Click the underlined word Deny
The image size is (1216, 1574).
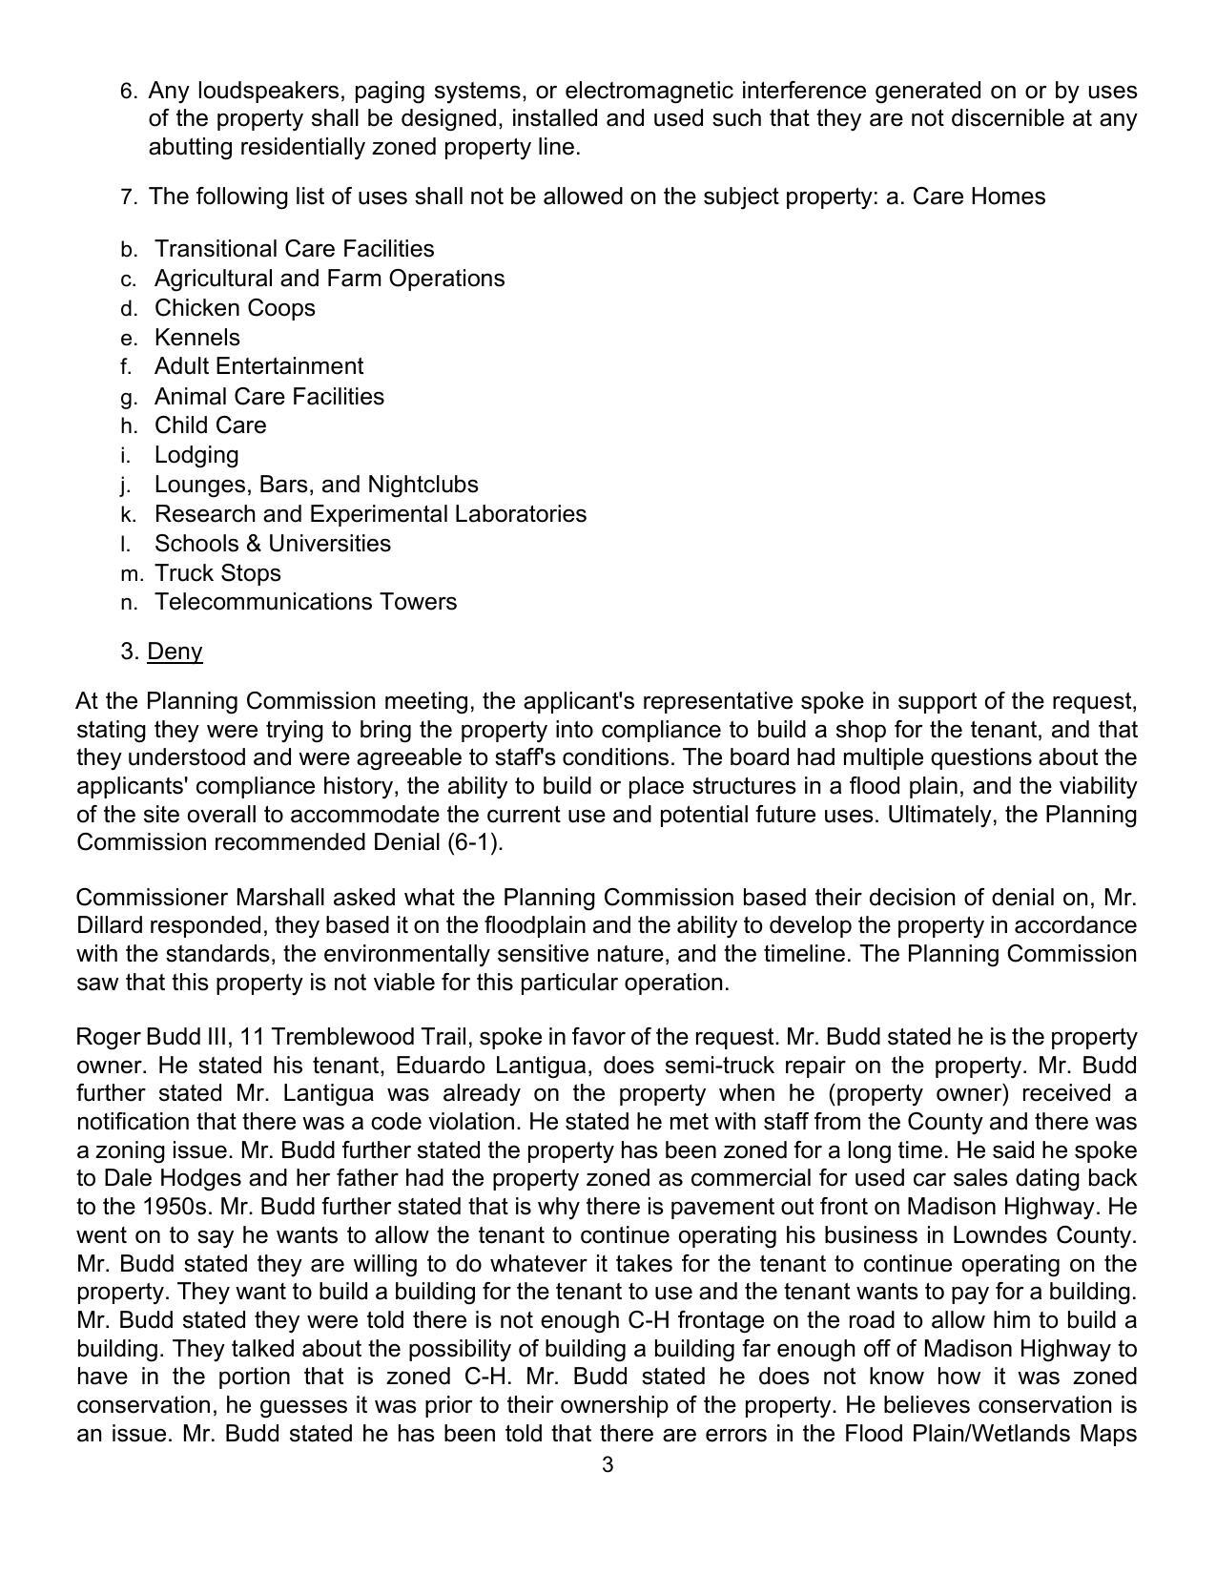pos(175,652)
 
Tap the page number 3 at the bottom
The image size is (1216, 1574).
pos(608,1465)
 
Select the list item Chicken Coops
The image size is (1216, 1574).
pos(235,308)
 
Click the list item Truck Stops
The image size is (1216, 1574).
pos(217,573)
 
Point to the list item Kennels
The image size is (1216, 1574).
pos(197,338)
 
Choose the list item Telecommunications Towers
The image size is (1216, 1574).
pos(305,602)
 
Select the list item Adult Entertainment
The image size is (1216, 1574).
pos(258,366)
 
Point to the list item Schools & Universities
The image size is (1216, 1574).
pos(273,544)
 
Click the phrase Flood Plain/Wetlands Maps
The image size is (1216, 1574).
pos(990,1434)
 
